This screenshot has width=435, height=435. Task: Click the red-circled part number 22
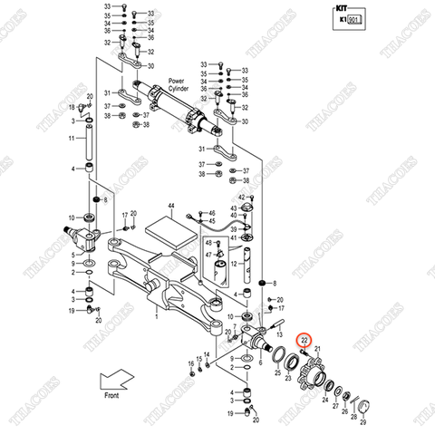pyautogui.click(x=304, y=340)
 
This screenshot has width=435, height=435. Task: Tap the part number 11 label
pyautogui.click(x=72, y=139)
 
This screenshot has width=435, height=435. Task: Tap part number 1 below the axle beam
pyautogui.click(x=156, y=317)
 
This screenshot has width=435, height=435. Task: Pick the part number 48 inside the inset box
pyautogui.click(x=208, y=245)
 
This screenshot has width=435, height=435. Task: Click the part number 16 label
pyautogui.click(x=191, y=363)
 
